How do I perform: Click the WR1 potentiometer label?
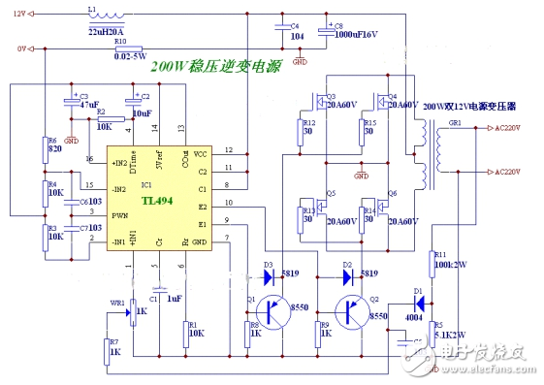(115, 304)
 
